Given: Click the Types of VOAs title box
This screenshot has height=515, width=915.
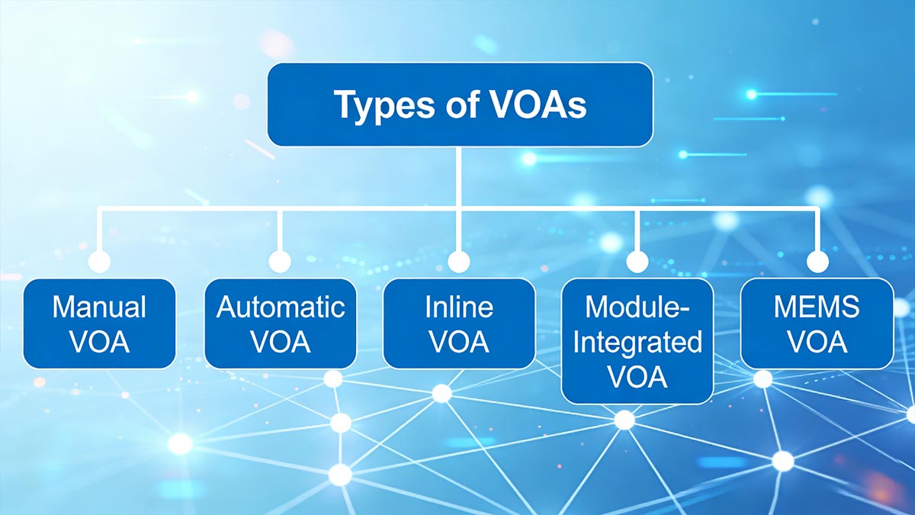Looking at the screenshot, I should (460, 105).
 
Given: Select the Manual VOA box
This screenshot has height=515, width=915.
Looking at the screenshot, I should (99, 323).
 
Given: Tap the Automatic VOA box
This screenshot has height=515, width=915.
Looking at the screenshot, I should (280, 323).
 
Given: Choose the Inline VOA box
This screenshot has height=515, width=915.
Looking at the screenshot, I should (458, 323).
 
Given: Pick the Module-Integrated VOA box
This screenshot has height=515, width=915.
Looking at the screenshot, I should (637, 340).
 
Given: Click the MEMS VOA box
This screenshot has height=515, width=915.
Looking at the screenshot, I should (817, 323).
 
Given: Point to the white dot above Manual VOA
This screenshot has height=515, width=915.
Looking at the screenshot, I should (99, 262).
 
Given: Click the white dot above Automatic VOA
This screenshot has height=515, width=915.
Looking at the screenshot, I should (280, 262).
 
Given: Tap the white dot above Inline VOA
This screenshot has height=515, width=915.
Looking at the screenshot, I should (458, 262).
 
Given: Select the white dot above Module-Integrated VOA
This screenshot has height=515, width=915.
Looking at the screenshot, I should (637, 262).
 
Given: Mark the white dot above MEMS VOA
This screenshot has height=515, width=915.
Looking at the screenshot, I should (817, 262).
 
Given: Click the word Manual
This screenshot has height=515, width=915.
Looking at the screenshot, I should (99, 307).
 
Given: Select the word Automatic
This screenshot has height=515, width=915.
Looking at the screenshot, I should (280, 307).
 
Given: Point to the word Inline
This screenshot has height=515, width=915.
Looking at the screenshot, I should (458, 307).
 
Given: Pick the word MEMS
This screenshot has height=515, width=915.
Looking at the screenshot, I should (817, 307).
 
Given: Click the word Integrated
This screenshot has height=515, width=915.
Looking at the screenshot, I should (637, 342).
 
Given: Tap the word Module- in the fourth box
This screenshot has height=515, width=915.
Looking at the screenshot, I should (637, 307).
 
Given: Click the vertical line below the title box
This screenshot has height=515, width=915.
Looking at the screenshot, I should (458, 175).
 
